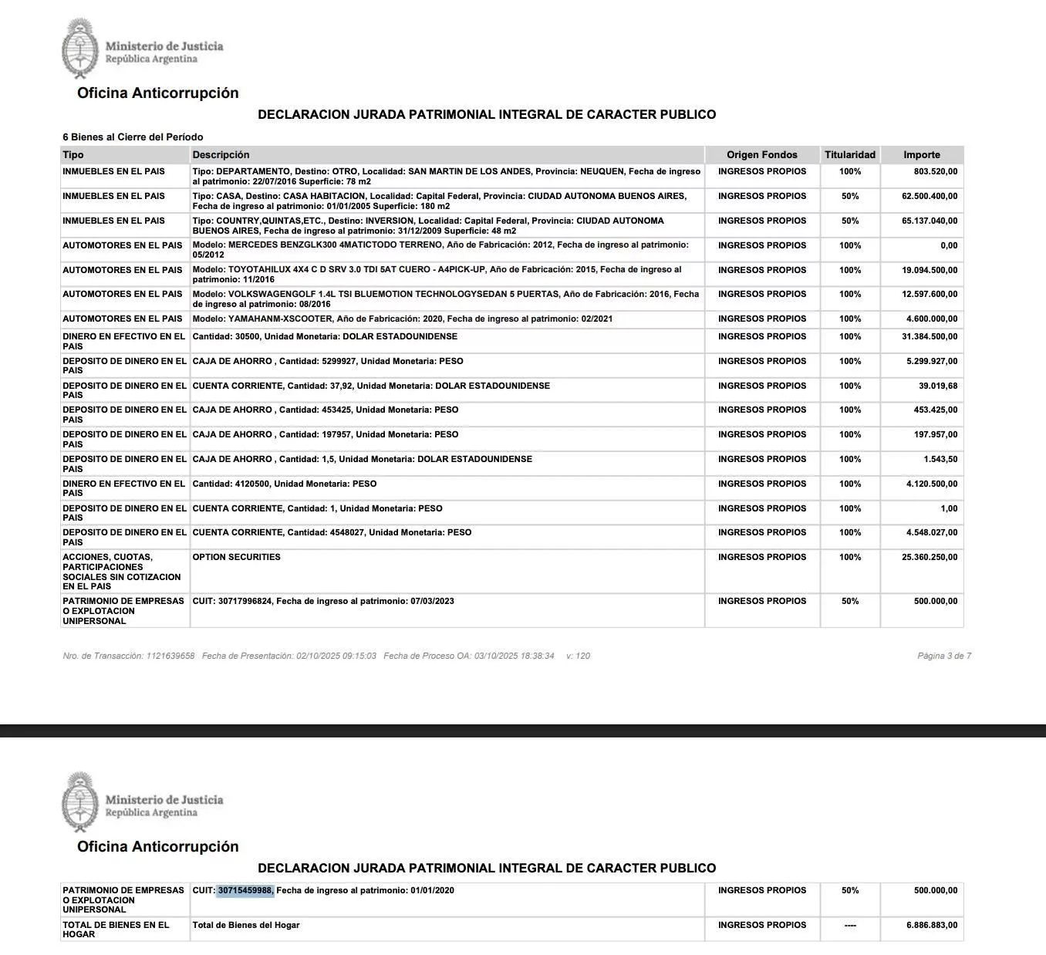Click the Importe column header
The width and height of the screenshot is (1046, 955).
(921, 155)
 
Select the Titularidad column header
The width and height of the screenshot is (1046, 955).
(849, 155)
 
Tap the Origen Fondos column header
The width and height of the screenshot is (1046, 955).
(761, 155)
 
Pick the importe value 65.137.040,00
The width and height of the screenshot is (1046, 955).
(930, 221)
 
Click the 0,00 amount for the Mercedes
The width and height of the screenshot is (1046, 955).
(948, 246)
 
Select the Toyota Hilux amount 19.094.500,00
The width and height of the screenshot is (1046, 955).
(930, 271)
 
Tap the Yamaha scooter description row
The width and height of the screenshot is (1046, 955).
(402, 319)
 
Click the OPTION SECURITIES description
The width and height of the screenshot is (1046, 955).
(236, 558)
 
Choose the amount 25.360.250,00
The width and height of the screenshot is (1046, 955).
(930, 558)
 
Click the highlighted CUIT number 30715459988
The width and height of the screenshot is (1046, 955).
(245, 891)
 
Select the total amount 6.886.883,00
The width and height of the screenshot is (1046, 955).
(932, 926)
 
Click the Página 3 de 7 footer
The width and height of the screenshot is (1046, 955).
(943, 656)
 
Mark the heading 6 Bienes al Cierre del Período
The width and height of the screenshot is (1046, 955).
(133, 137)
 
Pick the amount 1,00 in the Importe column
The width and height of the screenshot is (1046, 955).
(948, 509)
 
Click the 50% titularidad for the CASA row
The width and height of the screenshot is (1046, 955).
(849, 197)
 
